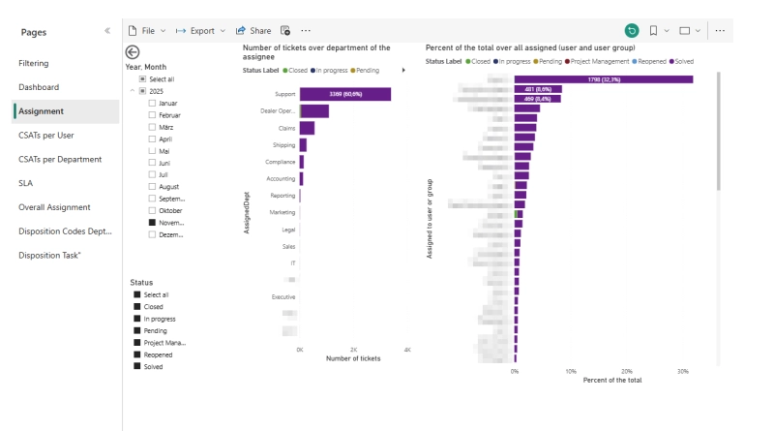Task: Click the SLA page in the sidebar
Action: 25,182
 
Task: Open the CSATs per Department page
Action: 60,159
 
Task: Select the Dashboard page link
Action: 39,87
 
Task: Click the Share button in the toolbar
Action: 253,31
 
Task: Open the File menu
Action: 147,31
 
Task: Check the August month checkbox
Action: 152,186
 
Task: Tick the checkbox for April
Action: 152,139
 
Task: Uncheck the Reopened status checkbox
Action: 137,354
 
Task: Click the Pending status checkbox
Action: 137,330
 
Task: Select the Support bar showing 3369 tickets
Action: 344,94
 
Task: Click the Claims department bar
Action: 307,128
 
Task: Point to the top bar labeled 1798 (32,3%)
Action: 603,79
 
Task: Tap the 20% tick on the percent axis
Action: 627,371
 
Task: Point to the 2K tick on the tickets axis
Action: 353,349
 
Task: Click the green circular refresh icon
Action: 632,31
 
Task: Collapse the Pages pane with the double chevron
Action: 106,32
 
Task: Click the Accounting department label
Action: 281,178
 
